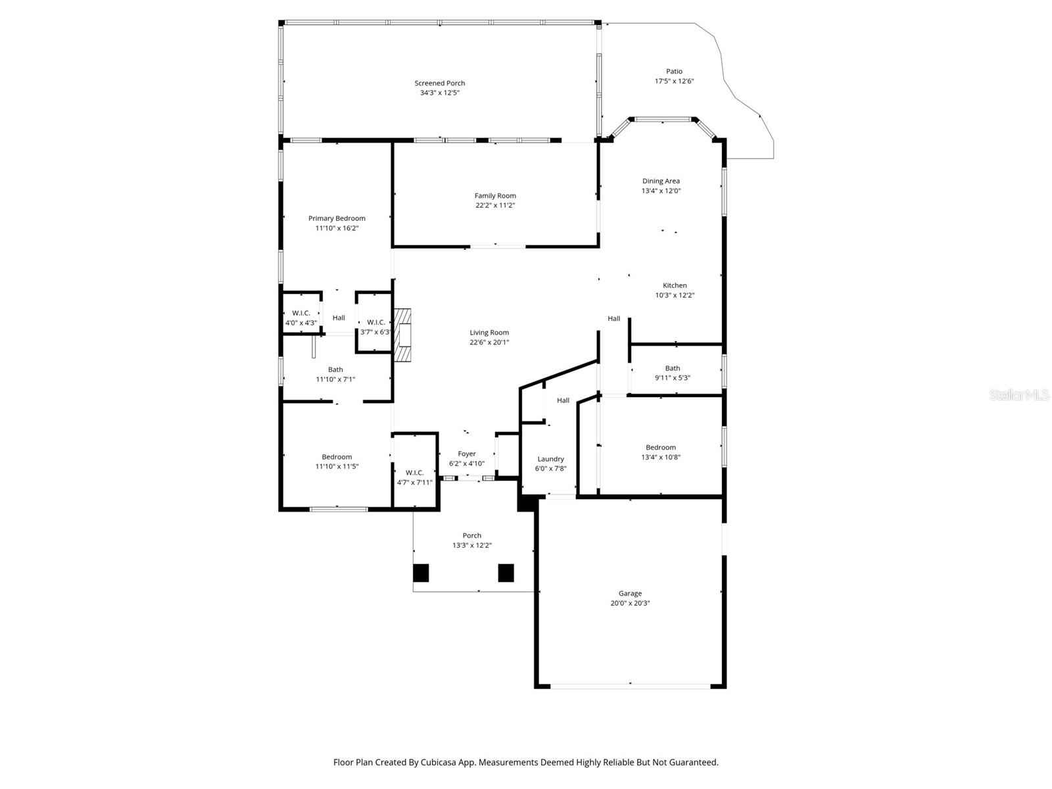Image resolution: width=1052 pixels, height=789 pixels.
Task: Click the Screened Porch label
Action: pyautogui.click(x=439, y=83)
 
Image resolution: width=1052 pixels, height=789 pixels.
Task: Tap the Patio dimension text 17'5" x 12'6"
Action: pyautogui.click(x=674, y=82)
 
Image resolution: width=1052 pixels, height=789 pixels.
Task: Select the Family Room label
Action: pyautogui.click(x=495, y=195)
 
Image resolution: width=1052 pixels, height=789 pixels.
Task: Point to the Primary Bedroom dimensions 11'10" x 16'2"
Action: pyautogui.click(x=337, y=228)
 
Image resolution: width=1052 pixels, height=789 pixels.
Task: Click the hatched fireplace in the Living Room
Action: pyautogui.click(x=402, y=335)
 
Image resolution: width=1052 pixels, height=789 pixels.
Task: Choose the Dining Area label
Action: pyautogui.click(x=661, y=181)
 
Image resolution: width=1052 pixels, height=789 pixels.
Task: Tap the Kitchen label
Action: pyautogui.click(x=675, y=285)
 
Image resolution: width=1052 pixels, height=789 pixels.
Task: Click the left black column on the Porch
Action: pyautogui.click(x=421, y=573)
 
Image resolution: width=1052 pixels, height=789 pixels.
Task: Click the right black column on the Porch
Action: pyautogui.click(x=506, y=573)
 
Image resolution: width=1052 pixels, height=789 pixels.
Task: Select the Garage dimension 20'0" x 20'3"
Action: pyautogui.click(x=630, y=603)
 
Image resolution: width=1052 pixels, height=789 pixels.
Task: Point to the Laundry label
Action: pyautogui.click(x=550, y=459)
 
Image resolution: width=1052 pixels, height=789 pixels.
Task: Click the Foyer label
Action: pyautogui.click(x=467, y=454)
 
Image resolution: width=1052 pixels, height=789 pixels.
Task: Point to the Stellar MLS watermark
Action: pyautogui.click(x=1019, y=395)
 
